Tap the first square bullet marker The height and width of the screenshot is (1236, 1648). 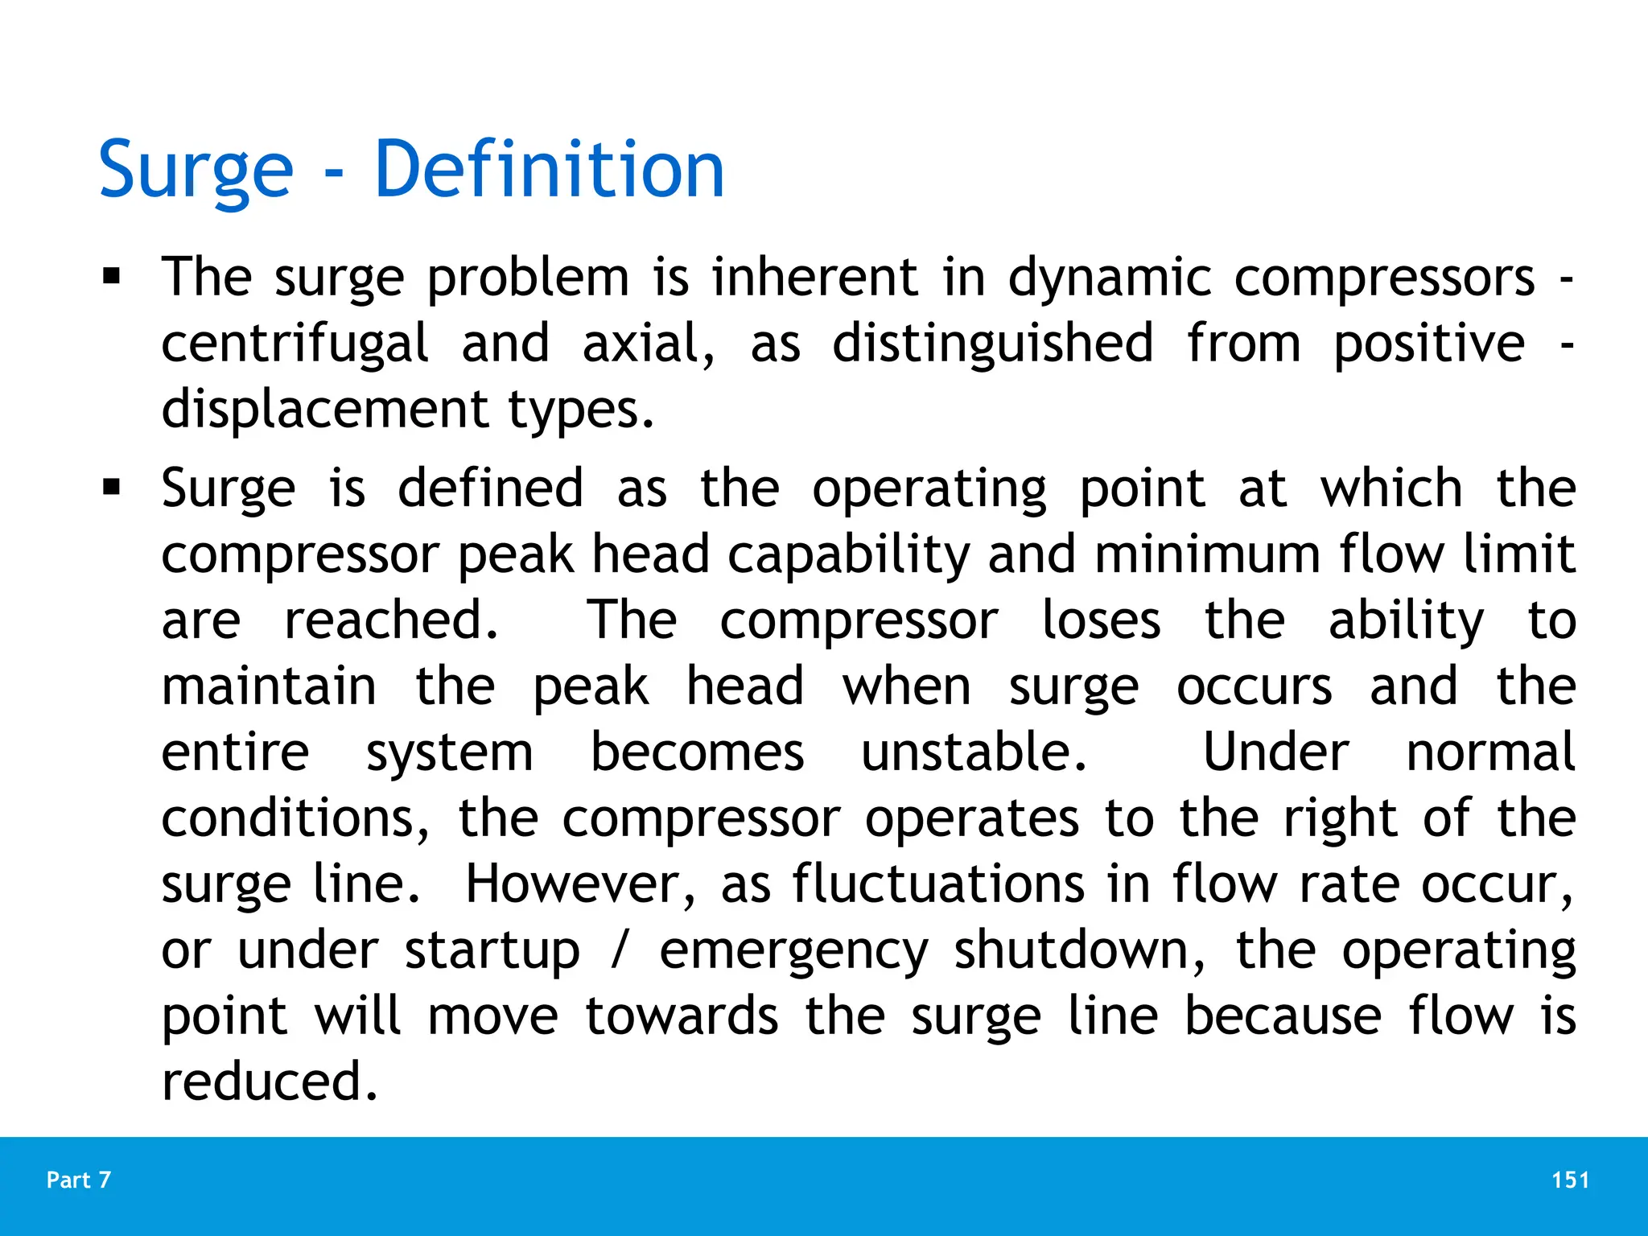point(111,278)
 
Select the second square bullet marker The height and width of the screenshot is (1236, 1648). point(111,488)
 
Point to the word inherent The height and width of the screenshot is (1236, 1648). point(814,278)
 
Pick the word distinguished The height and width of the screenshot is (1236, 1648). point(993,344)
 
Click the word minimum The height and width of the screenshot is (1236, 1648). point(1207,555)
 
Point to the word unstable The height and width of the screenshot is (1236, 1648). point(974,753)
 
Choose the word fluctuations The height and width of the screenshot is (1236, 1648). point(938,884)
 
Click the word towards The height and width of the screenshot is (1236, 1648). point(682,1016)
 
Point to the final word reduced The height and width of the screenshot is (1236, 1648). point(270,1081)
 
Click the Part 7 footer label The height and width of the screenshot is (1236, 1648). point(79,1180)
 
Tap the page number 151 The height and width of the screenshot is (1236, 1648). point(1570,1180)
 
